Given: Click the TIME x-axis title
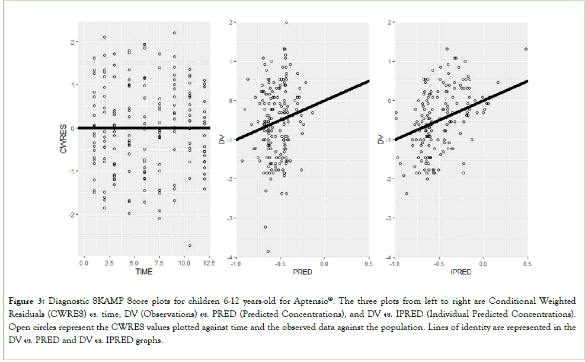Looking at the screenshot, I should [x=143, y=272].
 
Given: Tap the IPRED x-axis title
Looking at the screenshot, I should [x=461, y=272].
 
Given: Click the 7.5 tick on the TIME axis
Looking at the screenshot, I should [x=159, y=262].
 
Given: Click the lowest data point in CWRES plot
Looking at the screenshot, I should [x=190, y=246].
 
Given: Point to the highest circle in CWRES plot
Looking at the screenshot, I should [x=174, y=33].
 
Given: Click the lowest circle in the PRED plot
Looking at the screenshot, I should [x=268, y=251].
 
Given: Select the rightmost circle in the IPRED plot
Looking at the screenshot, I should [x=526, y=49].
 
